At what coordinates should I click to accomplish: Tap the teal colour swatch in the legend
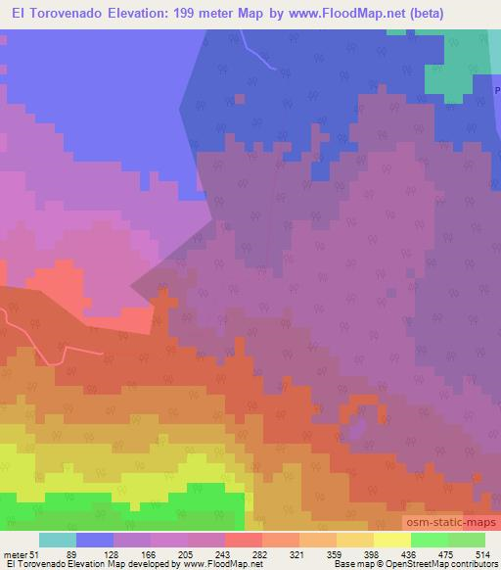(58, 540)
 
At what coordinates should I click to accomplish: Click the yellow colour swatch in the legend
(392, 540)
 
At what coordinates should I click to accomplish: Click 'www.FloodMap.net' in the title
(330, 14)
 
